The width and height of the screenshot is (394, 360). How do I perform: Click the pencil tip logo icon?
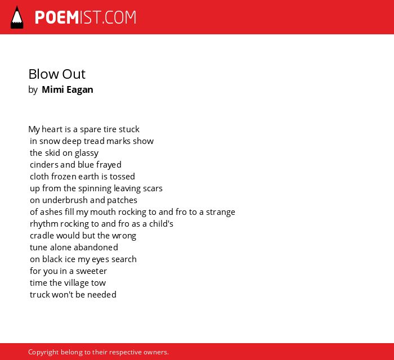coord(17,17)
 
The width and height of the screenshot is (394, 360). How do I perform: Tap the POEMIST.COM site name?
coord(86,17)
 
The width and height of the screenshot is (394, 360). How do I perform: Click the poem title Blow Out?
coord(57,74)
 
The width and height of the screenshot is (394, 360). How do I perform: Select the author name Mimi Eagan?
coord(68,89)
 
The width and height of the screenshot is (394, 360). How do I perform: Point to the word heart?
coord(52,129)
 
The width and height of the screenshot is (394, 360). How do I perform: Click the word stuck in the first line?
coord(129,129)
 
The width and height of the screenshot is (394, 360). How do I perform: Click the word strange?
coord(221,213)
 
